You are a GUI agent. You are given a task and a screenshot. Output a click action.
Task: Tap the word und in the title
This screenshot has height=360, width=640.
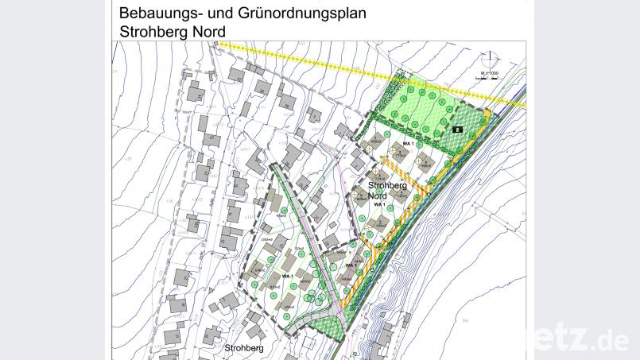click(x=221, y=14)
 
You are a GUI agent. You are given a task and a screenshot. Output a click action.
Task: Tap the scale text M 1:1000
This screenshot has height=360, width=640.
click(x=489, y=73)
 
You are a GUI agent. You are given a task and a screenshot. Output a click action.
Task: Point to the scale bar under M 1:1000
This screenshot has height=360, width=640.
click(x=489, y=78)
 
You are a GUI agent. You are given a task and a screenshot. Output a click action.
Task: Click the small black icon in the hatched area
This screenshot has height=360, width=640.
click(x=457, y=128)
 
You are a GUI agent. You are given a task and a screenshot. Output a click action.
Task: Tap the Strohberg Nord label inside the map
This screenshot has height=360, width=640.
click(x=388, y=190)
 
